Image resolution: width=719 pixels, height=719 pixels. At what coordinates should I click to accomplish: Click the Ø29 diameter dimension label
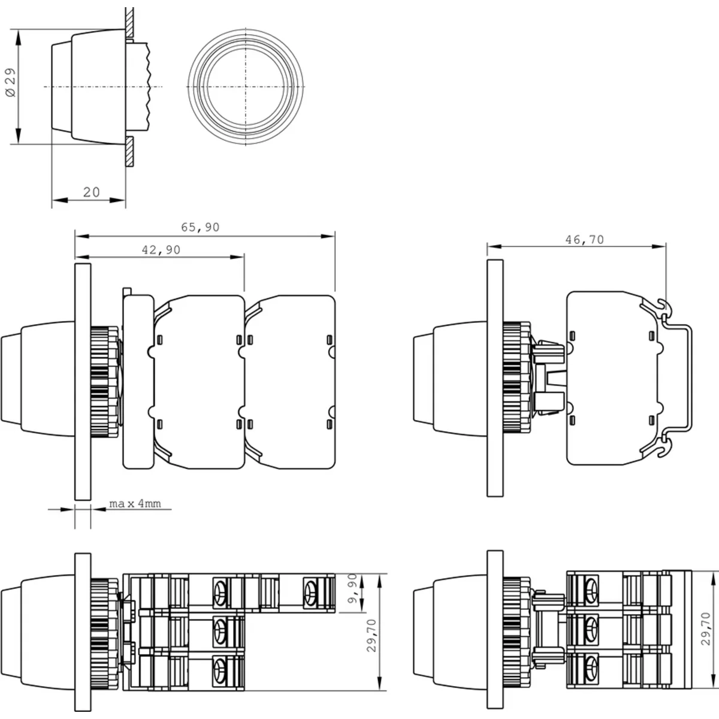tap(11, 83)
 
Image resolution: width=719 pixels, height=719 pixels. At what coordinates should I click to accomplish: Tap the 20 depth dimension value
tap(92, 192)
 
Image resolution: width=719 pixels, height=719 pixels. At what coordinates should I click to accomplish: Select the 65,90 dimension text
tap(200, 227)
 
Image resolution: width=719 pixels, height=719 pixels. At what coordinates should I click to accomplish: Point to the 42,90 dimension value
tap(161, 250)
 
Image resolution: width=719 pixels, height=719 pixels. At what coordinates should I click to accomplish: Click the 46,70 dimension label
tap(585, 240)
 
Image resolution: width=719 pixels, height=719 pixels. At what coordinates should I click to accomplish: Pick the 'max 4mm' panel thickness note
tap(135, 504)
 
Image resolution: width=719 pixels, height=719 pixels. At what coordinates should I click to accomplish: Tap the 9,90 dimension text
tap(352, 588)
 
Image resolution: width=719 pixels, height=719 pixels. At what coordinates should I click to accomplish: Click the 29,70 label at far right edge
tap(706, 629)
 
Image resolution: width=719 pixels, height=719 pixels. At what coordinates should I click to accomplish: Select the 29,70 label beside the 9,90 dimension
tap(371, 636)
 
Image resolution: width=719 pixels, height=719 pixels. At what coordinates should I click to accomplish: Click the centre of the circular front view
tap(246, 86)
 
